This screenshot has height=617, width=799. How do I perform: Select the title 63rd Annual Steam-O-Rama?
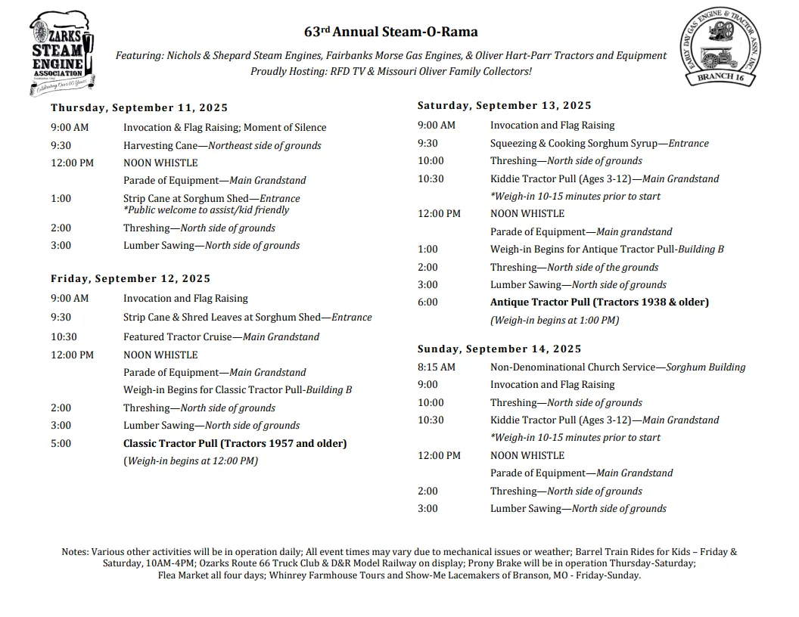point(390,32)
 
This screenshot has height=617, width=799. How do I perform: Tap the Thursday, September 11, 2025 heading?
point(139,108)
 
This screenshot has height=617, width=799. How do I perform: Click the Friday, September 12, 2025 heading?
point(131,279)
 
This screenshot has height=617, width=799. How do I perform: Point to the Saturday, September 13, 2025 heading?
point(505,106)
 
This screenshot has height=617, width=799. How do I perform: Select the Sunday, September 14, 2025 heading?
point(499,349)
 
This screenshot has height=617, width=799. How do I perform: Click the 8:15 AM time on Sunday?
point(437,367)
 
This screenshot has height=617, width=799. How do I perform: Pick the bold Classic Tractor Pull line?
point(235,444)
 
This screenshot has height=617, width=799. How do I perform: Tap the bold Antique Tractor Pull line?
point(599,302)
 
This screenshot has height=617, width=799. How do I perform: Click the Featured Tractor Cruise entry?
point(222,337)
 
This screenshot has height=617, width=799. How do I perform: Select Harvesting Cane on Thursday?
point(222,146)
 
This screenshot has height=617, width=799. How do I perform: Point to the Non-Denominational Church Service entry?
point(617,367)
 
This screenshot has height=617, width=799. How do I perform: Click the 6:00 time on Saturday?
point(427,302)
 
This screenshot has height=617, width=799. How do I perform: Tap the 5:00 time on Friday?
point(61,444)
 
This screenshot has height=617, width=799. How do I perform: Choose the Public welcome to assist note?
point(206,210)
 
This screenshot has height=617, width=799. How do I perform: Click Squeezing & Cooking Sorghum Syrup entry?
point(599,144)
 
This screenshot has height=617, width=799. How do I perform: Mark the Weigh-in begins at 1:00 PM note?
point(555,321)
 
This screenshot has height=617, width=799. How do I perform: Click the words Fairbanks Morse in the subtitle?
point(381,56)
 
